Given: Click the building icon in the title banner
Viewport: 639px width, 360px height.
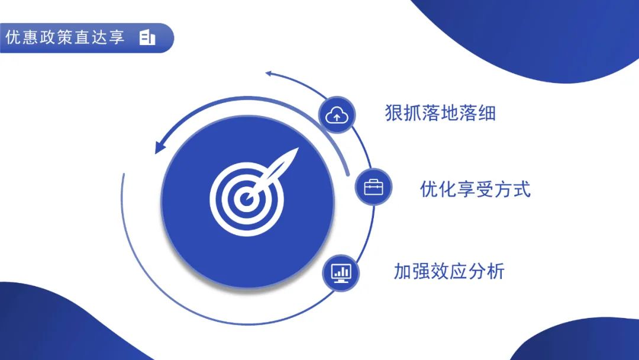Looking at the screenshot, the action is click(147, 37).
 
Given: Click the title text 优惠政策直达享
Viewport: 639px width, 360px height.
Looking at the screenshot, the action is click(65, 37).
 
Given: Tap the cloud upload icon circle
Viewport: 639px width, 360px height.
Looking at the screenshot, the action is click(337, 115).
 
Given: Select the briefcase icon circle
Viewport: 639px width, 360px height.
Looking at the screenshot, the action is click(373, 187).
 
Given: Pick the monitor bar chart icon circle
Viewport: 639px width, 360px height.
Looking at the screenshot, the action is click(341, 273).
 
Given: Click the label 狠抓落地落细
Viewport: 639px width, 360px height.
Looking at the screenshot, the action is click(440, 113).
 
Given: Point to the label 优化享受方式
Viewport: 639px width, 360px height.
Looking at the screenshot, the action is click(475, 189).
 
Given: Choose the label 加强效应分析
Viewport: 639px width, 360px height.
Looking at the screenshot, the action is click(449, 271).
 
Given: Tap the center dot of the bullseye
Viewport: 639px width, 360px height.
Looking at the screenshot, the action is click(246, 200).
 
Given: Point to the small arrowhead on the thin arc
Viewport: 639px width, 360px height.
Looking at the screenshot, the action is click(269, 73).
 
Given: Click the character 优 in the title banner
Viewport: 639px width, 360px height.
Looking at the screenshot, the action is click(13, 37).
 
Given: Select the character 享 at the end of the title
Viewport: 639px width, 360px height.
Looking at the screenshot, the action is click(117, 37).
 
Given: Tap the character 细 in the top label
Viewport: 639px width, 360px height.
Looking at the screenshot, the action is click(487, 113).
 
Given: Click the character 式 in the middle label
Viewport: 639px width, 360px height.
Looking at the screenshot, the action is click(522, 189).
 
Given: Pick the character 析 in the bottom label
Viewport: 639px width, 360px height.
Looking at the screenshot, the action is click(496, 271).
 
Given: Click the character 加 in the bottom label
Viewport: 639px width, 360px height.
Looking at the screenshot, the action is click(403, 271).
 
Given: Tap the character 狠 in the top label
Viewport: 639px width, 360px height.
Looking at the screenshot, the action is click(393, 113).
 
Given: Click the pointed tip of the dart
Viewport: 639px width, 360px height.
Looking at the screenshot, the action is click(298, 148).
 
